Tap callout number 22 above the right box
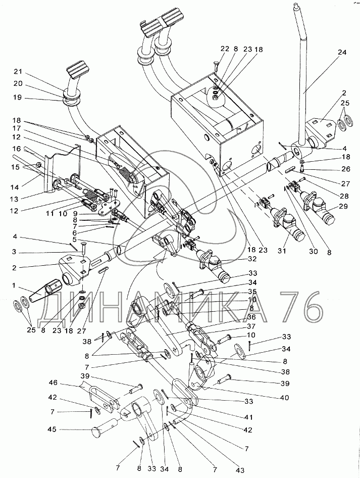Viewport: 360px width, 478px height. tap(225, 49)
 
